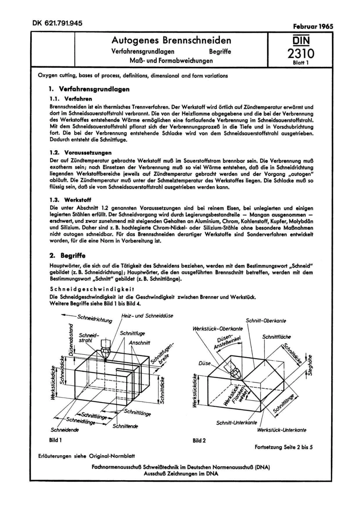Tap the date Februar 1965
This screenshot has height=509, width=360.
313,27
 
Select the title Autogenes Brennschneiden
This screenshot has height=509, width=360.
171,41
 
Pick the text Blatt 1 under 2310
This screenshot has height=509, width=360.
301,63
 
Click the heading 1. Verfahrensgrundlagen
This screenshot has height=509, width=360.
89,89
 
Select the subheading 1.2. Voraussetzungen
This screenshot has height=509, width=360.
80,153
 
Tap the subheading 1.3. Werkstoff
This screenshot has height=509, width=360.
70,200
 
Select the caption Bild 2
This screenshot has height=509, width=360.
199,440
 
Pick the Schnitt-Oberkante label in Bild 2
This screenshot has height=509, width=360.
266,321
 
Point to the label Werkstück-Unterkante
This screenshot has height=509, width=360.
282,430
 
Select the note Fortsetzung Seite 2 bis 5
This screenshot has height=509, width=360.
284,447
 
